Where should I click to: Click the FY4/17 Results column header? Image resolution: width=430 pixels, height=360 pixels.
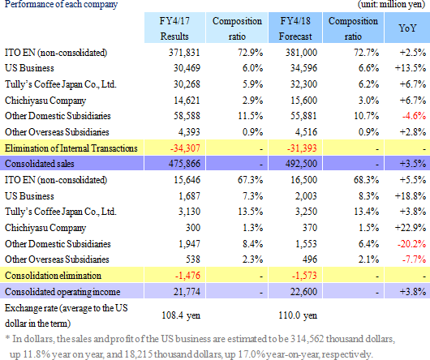(x=174, y=28)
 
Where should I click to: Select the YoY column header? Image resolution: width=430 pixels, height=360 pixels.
(x=407, y=28)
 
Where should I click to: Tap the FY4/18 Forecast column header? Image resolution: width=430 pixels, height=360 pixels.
(x=295, y=28)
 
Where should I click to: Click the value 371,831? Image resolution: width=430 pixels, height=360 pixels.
(x=184, y=53)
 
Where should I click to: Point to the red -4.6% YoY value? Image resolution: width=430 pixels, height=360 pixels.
(x=414, y=116)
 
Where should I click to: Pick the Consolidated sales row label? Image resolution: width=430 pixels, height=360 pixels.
(x=40, y=164)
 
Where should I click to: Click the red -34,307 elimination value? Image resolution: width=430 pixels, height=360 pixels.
(x=185, y=148)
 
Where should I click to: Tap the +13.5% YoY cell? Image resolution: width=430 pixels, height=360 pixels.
(x=411, y=67)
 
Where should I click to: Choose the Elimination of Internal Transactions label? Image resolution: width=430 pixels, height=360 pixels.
(x=71, y=148)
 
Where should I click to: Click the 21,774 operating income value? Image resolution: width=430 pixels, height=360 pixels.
(x=187, y=292)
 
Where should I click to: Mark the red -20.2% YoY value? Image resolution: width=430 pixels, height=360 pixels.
(x=412, y=243)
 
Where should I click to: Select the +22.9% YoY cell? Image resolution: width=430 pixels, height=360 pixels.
(x=411, y=228)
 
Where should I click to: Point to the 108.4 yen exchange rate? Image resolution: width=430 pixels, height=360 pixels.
(x=181, y=315)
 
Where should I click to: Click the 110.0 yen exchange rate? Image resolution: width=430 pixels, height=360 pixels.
(x=298, y=315)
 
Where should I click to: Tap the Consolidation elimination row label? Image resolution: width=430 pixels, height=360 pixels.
(x=53, y=276)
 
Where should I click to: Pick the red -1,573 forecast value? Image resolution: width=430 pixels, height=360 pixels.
(x=304, y=276)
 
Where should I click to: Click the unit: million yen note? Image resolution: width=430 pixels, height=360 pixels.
(x=391, y=4)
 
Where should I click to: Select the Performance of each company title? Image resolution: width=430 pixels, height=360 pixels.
(x=61, y=4)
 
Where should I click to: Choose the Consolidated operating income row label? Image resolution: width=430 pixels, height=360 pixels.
(x=62, y=292)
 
